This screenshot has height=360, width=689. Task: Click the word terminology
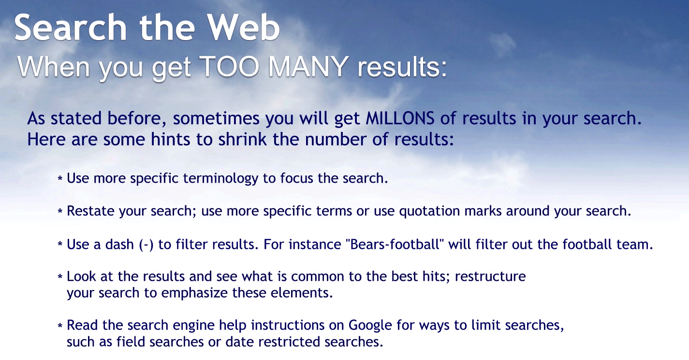[221, 178]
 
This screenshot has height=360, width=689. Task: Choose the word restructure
[490, 277]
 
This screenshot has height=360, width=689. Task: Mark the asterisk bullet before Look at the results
[60, 277]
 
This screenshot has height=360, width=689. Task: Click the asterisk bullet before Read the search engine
[60, 326]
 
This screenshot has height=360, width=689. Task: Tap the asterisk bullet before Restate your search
[60, 212]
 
